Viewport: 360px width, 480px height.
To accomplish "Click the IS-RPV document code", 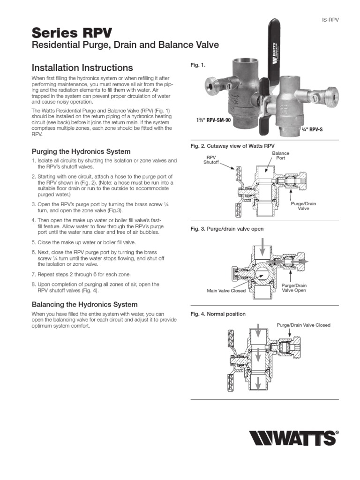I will click(x=330, y=20).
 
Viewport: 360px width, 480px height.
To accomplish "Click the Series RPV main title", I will click(x=72, y=32).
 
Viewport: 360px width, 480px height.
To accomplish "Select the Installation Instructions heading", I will click(x=82, y=67).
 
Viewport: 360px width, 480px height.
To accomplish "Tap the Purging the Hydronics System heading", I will click(x=81, y=151).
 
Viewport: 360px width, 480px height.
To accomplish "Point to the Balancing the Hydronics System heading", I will click(x=84, y=304).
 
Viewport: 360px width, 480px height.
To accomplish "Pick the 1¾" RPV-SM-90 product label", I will click(x=213, y=120).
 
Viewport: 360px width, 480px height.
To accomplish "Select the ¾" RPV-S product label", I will click(x=310, y=128).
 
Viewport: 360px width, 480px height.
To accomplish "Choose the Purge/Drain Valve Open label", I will click(x=294, y=288).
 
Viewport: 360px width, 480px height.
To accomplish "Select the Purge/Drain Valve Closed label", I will click(x=303, y=325).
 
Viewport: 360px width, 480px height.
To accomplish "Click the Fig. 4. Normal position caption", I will click(x=217, y=314).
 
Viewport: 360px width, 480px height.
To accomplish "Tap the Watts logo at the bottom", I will click(x=292, y=439).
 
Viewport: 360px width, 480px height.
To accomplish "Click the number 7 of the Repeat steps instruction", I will click(x=33, y=274).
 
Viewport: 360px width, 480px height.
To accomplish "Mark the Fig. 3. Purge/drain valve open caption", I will click(x=227, y=229).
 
